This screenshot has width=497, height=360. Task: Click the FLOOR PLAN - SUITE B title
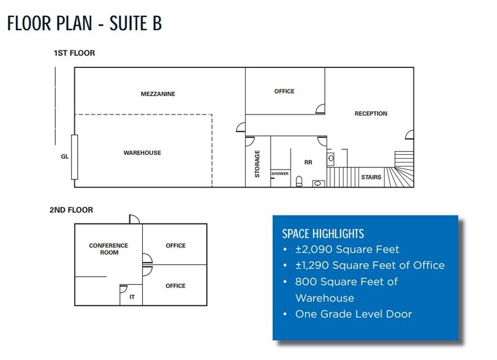click(84, 24)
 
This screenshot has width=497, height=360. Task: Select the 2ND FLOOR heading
click(71, 210)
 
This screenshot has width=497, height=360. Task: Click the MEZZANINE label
click(158, 94)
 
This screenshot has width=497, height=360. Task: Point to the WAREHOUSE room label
click(142, 152)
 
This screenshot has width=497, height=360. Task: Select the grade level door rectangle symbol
click(74, 157)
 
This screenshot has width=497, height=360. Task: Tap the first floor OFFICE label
click(284, 91)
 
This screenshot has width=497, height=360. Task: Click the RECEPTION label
click(371, 113)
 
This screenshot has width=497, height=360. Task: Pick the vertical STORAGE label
click(257, 163)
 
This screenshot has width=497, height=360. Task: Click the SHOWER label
click(279, 173)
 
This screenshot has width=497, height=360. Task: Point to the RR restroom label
click(308, 163)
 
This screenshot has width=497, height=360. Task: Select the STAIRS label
click(371, 178)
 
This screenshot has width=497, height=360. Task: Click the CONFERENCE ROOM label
click(108, 249)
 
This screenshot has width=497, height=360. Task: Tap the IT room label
click(131, 297)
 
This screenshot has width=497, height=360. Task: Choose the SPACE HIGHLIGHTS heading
click(322, 233)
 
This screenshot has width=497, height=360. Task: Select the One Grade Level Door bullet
click(354, 314)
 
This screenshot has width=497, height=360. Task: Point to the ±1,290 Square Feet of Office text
click(370, 266)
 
